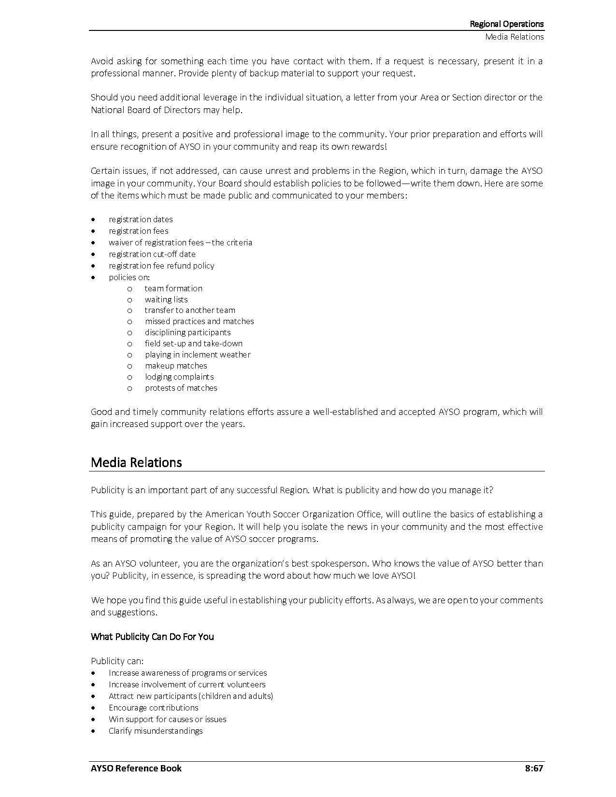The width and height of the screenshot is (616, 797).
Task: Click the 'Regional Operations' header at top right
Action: point(506,24)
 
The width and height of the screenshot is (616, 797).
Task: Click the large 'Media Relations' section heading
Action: point(136,462)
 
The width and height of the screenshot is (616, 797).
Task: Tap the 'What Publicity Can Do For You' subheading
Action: point(152,637)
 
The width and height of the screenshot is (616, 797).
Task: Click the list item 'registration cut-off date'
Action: point(152,254)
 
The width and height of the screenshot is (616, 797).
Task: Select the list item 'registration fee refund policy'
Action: point(161,266)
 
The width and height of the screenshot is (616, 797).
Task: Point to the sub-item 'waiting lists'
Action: point(166,299)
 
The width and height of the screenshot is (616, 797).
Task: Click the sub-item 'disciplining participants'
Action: point(187,332)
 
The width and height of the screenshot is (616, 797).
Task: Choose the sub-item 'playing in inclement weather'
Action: point(198,355)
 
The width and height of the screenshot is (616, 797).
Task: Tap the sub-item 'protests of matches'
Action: point(181,388)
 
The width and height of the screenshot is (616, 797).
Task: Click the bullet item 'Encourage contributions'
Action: point(153,708)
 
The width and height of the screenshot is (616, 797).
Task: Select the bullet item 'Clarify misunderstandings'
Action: point(156,731)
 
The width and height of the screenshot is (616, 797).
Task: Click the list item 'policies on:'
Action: point(129,277)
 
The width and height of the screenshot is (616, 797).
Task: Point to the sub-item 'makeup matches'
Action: point(176,366)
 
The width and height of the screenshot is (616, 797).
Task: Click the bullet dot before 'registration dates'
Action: point(93,220)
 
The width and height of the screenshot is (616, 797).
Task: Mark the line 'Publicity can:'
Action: point(117,661)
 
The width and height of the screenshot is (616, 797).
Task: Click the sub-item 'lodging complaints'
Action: point(179,377)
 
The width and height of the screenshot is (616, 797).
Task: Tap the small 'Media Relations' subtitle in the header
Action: point(515,37)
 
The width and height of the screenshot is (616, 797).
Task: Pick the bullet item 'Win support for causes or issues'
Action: point(167,719)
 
